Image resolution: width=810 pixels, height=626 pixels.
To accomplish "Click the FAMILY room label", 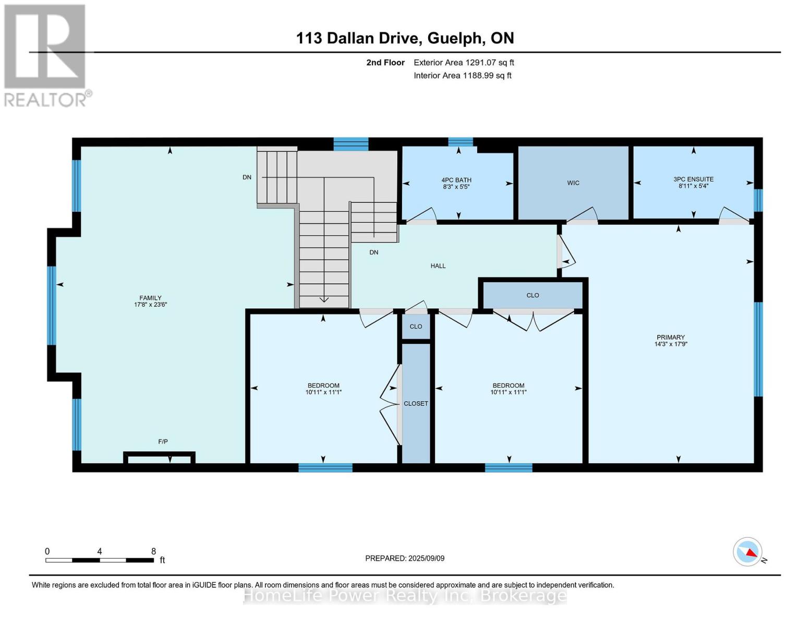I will point(150,298).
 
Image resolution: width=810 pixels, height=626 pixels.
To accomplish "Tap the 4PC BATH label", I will point(456,180).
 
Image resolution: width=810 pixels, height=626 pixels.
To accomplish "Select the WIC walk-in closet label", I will point(573,183).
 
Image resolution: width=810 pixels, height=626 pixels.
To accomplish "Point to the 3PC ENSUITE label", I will point(693,179).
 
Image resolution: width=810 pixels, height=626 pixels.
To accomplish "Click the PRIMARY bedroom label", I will point(671,338).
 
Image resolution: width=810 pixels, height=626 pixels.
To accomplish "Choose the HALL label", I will point(438,266).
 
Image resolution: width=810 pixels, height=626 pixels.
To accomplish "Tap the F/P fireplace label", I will point(163,442).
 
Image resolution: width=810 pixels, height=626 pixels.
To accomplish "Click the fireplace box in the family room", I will point(159,458).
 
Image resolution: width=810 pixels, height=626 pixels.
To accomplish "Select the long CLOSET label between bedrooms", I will point(416,404).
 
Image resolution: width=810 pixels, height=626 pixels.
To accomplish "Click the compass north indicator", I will point(748,552).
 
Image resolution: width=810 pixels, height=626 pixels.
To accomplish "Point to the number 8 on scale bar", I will point(153,551).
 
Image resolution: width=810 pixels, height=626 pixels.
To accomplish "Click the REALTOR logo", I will point(45,55).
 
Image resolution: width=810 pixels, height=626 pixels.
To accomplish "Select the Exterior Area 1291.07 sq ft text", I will point(464,63).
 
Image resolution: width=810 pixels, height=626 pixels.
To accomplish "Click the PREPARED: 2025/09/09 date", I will point(405,558).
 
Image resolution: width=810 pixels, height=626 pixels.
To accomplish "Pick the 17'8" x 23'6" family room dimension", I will point(150,305).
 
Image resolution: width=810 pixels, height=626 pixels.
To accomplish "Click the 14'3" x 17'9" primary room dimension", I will point(671,344).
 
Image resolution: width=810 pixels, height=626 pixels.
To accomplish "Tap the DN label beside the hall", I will point(373,252).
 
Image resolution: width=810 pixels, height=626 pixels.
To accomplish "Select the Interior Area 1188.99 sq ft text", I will point(462,76).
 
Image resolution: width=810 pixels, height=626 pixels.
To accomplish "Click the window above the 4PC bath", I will point(461,142).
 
